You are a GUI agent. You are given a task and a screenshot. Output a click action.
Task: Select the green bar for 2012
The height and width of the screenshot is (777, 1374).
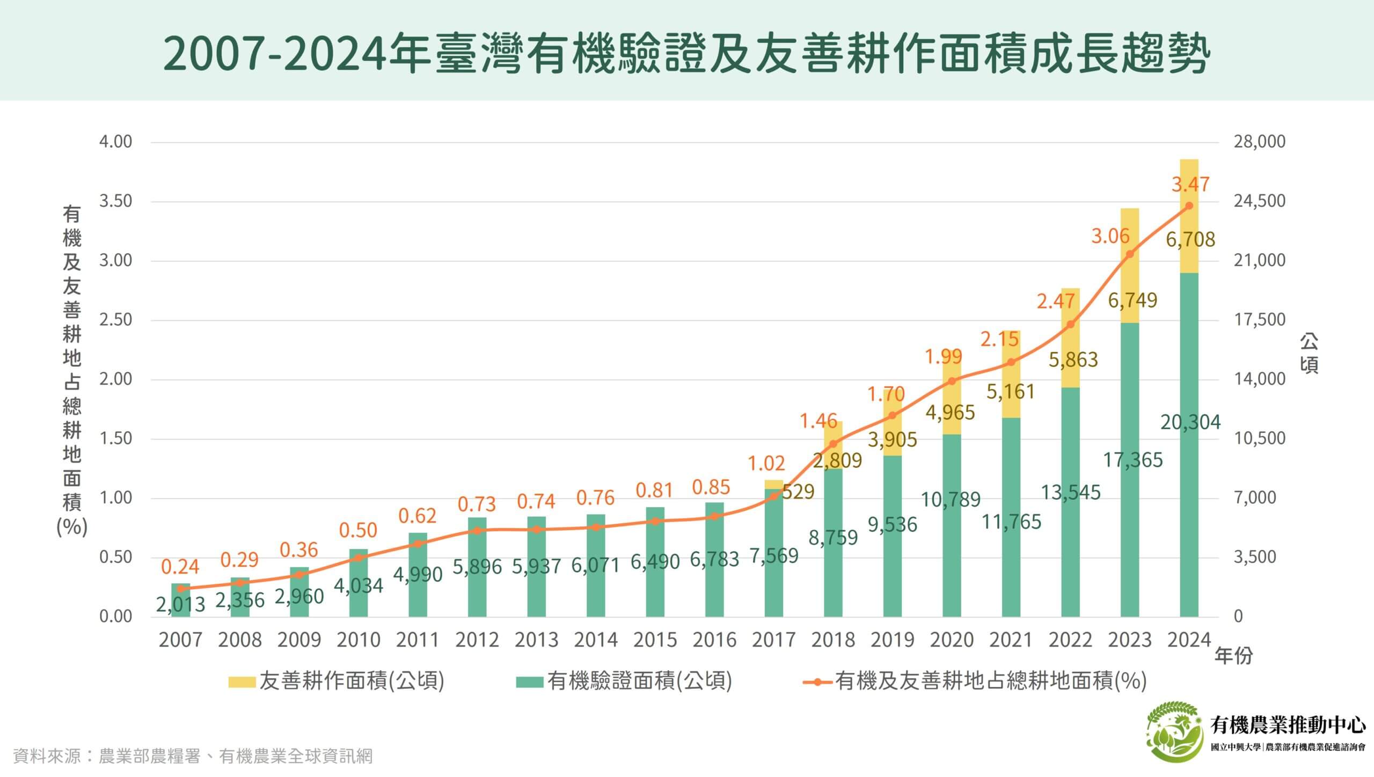pos(477,590)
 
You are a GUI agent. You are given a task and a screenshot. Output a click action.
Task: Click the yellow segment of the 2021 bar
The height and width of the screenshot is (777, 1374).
pos(1011,376)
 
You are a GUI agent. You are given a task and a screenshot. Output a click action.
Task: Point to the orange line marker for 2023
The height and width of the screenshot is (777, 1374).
pos(1129,254)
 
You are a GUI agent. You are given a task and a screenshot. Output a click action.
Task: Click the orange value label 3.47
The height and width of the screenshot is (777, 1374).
pos(1190,185)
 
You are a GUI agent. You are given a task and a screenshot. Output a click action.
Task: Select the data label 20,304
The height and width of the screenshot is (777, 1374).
pos(1190,423)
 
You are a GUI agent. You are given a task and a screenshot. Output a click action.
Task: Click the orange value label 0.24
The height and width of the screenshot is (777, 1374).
pos(180,567)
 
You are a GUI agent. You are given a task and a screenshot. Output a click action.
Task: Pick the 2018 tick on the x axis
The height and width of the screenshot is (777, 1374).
pos(832,640)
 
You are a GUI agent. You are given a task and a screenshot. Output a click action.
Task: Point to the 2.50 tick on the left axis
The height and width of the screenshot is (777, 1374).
pos(115,320)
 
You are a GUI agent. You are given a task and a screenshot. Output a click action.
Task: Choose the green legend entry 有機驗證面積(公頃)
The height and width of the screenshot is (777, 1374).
pos(624,681)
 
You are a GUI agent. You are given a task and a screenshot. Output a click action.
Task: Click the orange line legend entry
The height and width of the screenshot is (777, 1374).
pos(975,681)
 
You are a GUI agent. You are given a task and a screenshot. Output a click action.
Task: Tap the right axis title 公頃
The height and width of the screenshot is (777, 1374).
pos(1309,353)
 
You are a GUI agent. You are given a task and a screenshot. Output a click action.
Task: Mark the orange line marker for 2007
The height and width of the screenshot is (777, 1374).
pos(180,589)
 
